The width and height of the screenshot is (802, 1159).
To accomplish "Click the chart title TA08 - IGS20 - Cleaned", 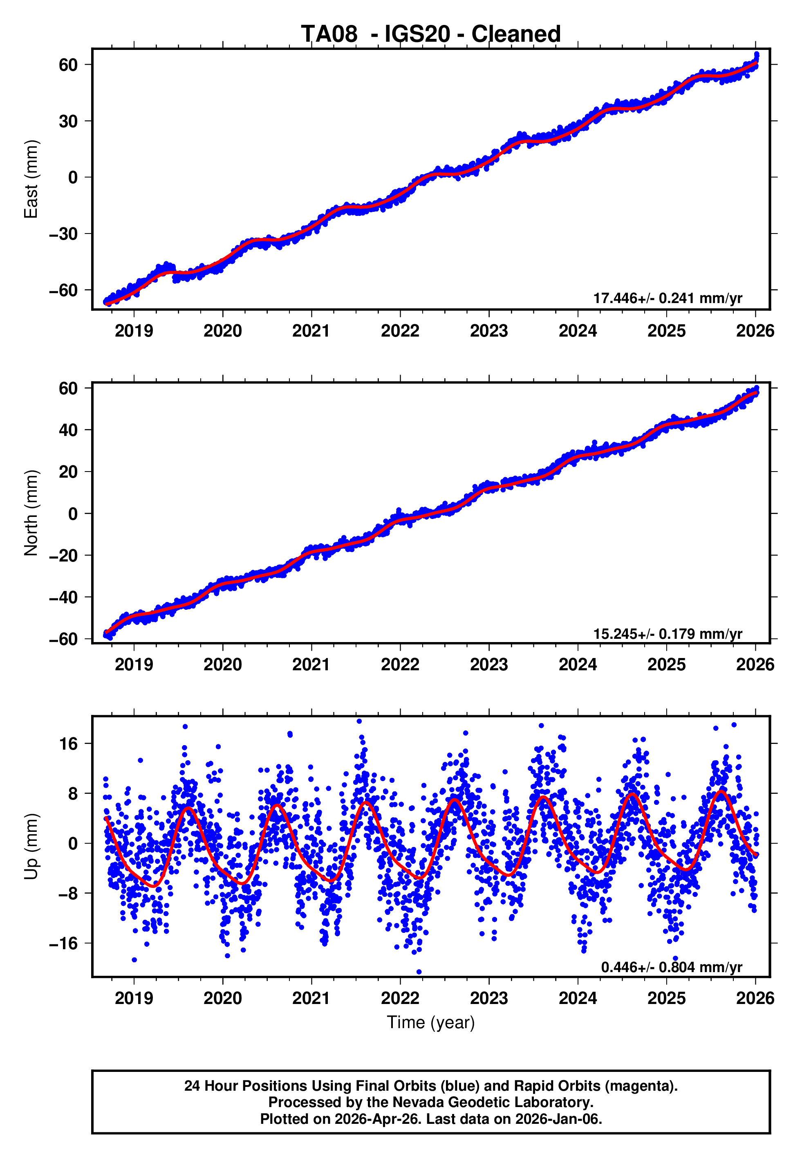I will click(x=431, y=34).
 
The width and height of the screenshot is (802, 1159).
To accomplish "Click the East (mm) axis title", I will click(x=31, y=179).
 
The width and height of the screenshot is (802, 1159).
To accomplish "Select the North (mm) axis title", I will click(x=31, y=513).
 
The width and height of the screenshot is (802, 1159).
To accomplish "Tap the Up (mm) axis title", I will click(x=31, y=847).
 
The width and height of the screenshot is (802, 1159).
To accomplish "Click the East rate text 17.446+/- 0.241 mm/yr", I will click(x=668, y=298).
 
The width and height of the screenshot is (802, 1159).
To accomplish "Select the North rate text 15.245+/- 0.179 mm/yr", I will click(x=668, y=634).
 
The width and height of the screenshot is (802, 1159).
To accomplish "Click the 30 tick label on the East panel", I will click(x=68, y=121).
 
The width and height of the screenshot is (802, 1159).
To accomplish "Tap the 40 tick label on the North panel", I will click(x=68, y=430).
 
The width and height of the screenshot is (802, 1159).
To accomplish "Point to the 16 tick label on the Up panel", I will click(x=68, y=744).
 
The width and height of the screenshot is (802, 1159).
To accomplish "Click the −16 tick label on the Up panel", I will click(x=63, y=944).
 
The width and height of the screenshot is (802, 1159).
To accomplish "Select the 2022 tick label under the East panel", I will click(x=400, y=331).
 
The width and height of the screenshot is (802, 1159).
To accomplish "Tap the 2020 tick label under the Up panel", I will click(x=223, y=998).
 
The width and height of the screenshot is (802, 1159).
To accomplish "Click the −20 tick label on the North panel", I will click(x=63, y=556).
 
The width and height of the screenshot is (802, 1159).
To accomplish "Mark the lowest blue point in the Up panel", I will click(x=419, y=972).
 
